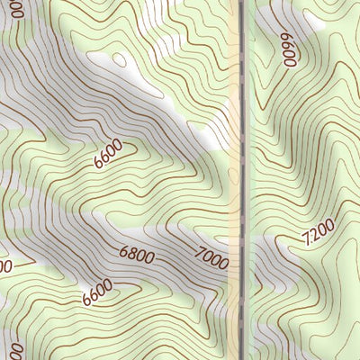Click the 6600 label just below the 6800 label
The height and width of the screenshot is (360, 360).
point(96,292)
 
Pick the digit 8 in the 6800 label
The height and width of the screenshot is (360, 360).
point(131,256)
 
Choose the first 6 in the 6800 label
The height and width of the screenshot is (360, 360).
point(122,255)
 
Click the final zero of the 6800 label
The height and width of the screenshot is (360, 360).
point(150,258)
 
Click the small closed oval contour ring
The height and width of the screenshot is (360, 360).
point(118,59)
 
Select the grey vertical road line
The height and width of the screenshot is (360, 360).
point(244,180)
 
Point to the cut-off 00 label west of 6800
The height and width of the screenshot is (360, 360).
point(4,267)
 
